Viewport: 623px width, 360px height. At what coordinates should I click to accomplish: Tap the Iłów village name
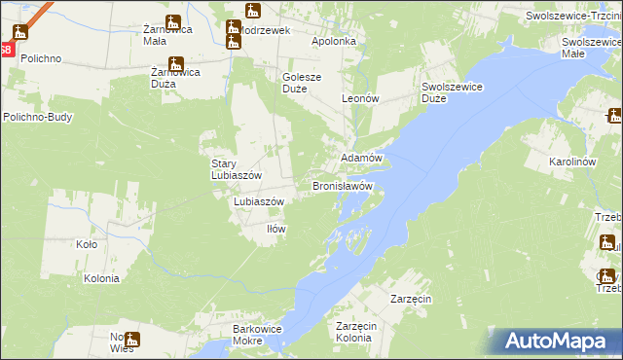click(276, 229)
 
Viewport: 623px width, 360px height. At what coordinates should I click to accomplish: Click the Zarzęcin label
click(411, 298)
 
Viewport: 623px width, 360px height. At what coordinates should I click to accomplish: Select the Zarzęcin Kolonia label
click(352, 332)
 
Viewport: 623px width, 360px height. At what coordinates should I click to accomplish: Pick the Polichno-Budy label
click(38, 117)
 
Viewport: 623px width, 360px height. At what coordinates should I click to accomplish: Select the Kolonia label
click(101, 278)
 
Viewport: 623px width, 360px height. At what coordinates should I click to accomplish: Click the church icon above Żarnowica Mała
click(173, 22)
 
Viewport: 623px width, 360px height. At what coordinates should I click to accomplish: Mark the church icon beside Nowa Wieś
click(131, 341)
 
